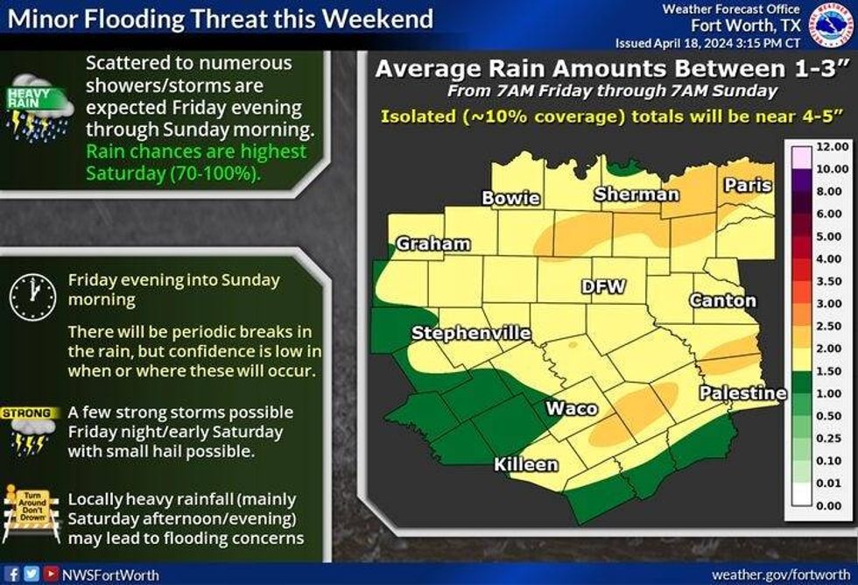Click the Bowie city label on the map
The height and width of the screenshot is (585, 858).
tap(510, 198)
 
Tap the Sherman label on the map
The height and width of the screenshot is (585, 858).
tap(636, 194)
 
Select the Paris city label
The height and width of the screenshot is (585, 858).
tap(748, 185)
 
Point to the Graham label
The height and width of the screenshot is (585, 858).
tap(433, 244)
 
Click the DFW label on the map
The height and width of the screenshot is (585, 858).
tap(603, 286)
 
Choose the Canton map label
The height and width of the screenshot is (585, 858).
tap(723, 300)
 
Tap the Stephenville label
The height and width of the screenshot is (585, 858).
tap(471, 333)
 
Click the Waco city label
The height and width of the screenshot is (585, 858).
tap(572, 408)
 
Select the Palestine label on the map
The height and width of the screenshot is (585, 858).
tap(742, 393)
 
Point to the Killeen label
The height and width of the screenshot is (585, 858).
tap(525, 464)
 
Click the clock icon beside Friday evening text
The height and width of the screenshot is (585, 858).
tap(32, 294)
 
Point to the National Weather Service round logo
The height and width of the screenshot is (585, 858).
tap(832, 25)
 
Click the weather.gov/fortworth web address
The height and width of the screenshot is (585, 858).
tap(781, 574)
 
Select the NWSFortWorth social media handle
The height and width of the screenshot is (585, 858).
tap(98, 574)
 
